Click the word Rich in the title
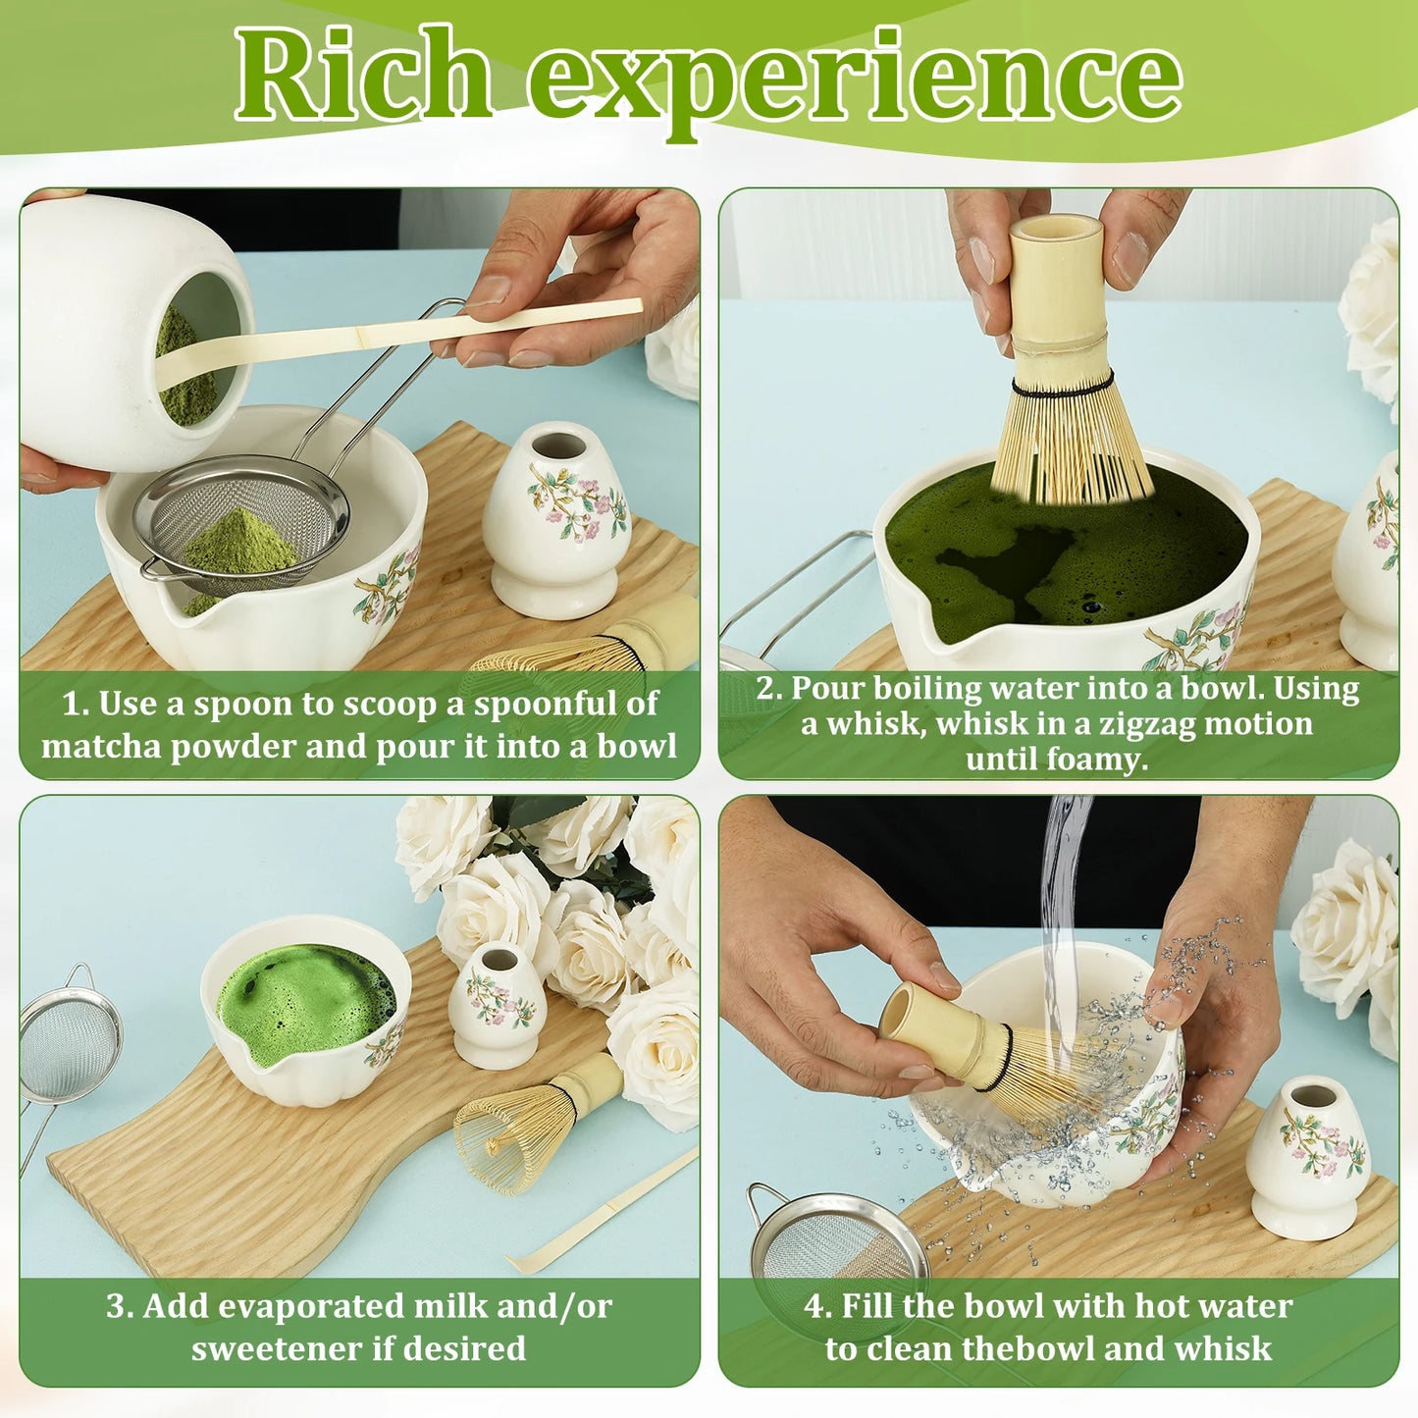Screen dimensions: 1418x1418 363,76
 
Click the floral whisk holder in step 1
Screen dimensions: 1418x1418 556,520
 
